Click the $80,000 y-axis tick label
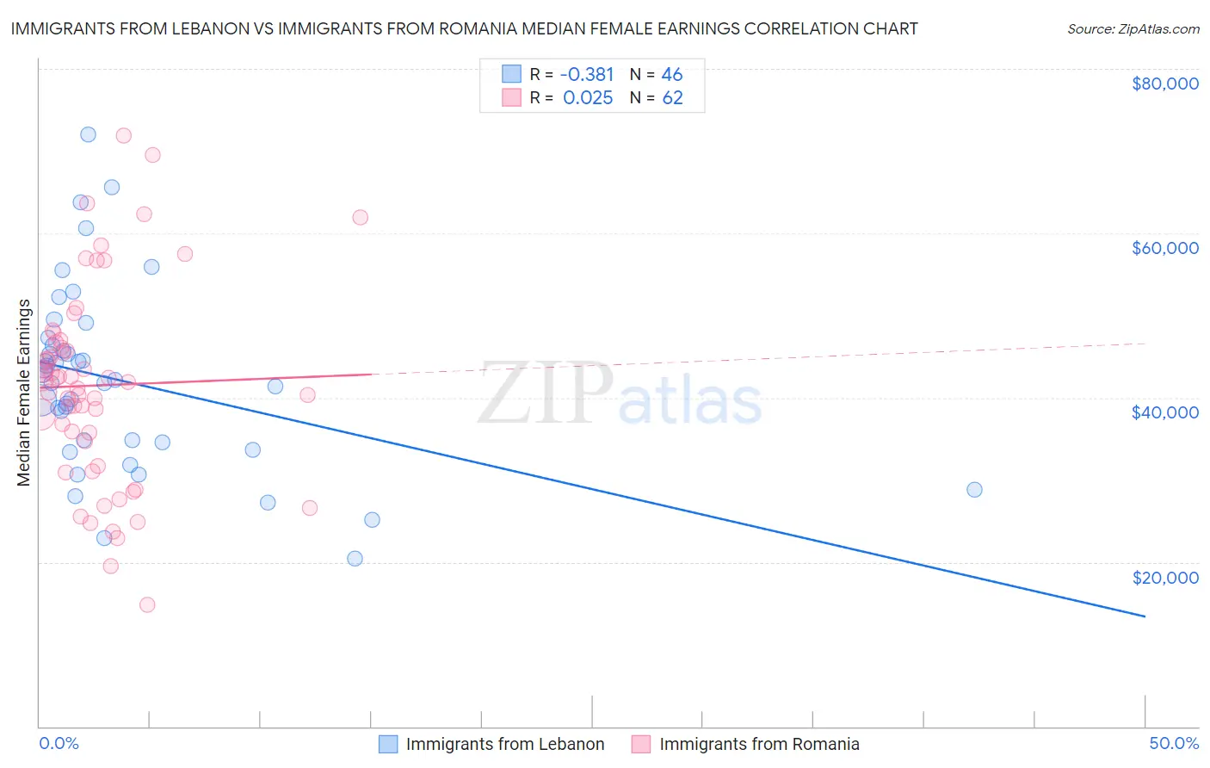[x=1164, y=84]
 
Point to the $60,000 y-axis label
[x=1164, y=248]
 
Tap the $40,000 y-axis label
[x=1164, y=412]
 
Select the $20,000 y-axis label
[x=1164, y=578]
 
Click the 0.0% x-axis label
[x=59, y=743]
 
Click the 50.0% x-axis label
[x=1173, y=743]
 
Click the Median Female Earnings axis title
[x=24, y=393]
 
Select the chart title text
[x=464, y=28]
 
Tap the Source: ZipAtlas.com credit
[x=1133, y=28]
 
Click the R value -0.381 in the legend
[x=588, y=74]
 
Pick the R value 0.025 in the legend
[x=588, y=98]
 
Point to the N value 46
[x=672, y=74]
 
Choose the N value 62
[x=672, y=98]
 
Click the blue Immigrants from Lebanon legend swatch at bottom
[x=388, y=744]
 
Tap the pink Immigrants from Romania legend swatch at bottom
[x=641, y=744]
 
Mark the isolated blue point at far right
[x=974, y=490]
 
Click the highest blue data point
[x=88, y=134]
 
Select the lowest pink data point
[x=147, y=605]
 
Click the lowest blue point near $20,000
[x=355, y=559]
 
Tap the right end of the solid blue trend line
[x=1145, y=616]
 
